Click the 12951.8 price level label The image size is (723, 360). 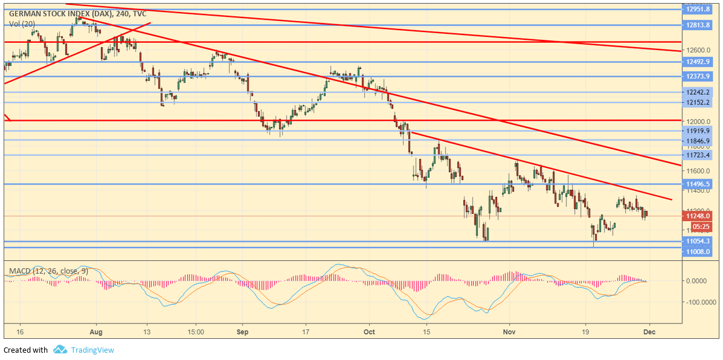(698, 9)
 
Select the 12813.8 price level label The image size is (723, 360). (698, 25)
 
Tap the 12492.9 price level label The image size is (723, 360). (698, 62)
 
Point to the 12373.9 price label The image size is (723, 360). (698, 76)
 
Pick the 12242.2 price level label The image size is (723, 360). (698, 92)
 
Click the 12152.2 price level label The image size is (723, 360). (698, 102)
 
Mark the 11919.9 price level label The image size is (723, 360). (698, 130)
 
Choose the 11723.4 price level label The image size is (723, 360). (698, 155)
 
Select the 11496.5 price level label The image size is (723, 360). (698, 184)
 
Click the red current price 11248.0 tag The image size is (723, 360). (698, 216)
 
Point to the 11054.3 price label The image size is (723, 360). (698, 241)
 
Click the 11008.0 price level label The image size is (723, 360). (698, 251)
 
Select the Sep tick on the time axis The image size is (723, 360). (242, 332)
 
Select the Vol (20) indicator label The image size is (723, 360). (22, 24)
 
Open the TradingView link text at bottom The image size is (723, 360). (92, 350)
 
